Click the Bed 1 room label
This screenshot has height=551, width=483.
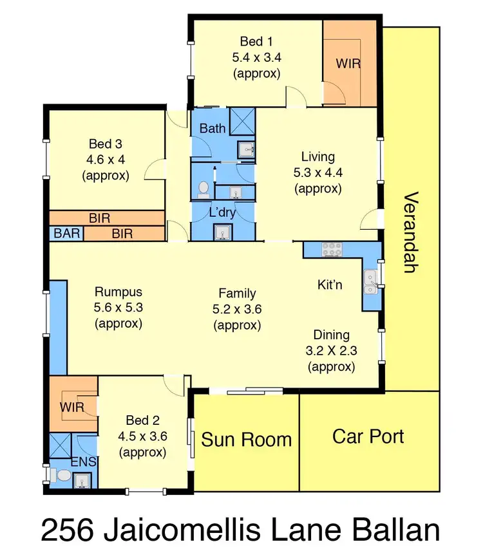[x=256, y=41]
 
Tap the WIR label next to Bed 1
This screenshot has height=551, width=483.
[x=348, y=64]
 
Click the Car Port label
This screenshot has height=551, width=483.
[x=368, y=436]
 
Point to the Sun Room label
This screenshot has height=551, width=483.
[x=246, y=440]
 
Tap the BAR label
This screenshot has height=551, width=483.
[x=66, y=234]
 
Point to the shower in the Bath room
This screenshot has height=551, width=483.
[x=243, y=120]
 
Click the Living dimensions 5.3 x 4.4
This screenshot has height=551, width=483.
[x=317, y=173]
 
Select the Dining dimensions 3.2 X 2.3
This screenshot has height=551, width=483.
[x=331, y=351]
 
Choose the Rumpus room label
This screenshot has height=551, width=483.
[x=118, y=292]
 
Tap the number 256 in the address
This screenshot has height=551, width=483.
[x=69, y=531]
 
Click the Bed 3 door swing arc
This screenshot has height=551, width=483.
[x=152, y=172]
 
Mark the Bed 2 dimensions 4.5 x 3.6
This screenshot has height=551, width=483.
[x=143, y=436]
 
